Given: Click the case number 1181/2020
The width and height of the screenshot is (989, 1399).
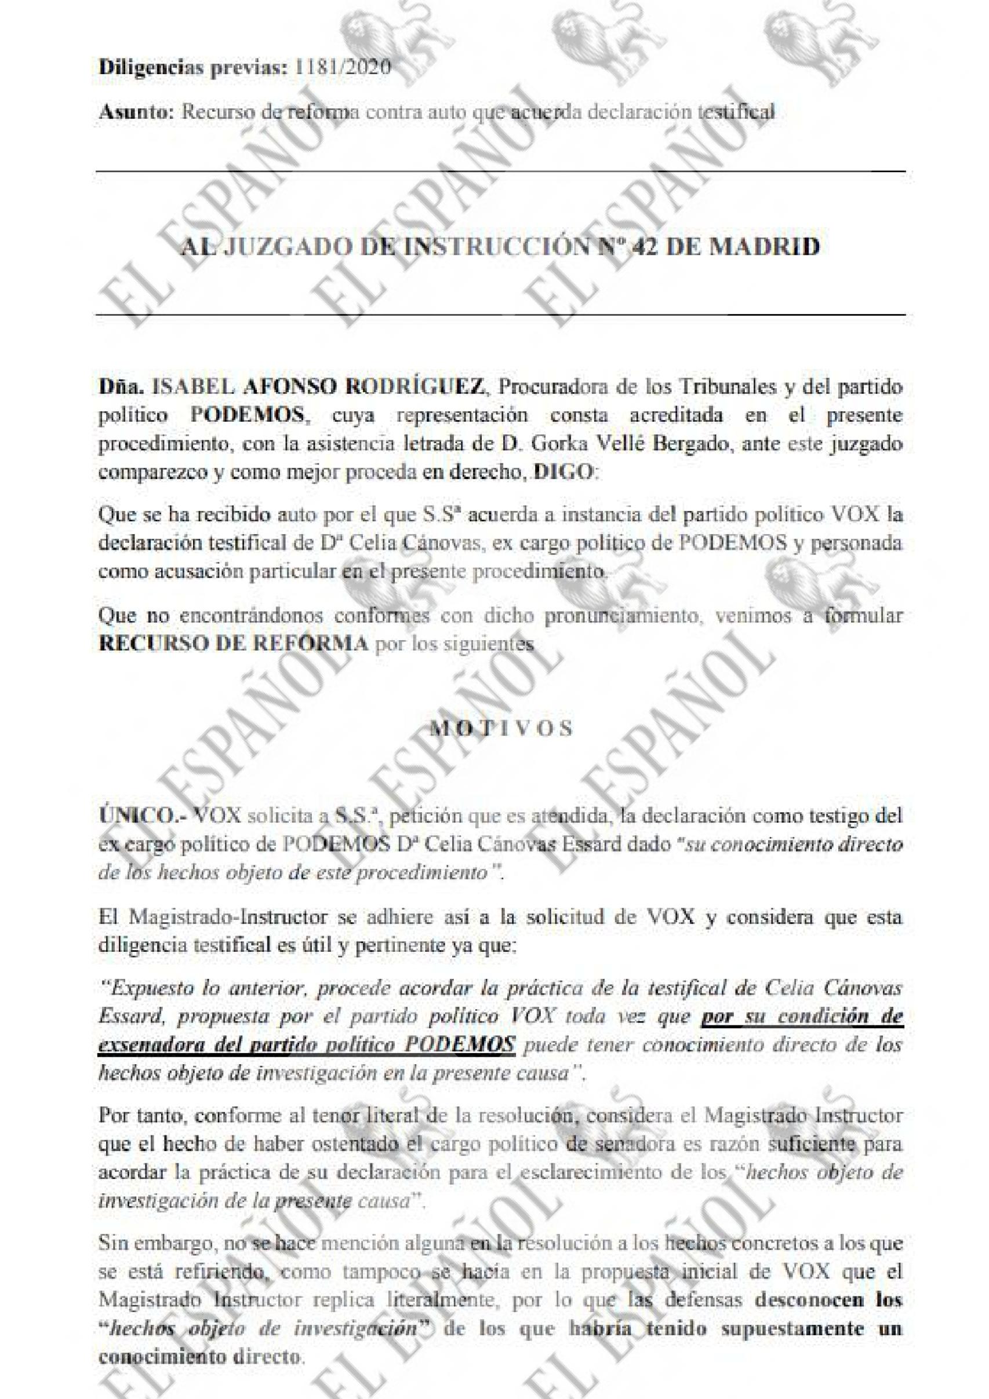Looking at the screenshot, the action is coord(342,67).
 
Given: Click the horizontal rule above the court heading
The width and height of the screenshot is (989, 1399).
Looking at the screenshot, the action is coord(500,172).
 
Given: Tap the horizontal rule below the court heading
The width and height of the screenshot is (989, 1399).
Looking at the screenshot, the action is coord(500,315).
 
